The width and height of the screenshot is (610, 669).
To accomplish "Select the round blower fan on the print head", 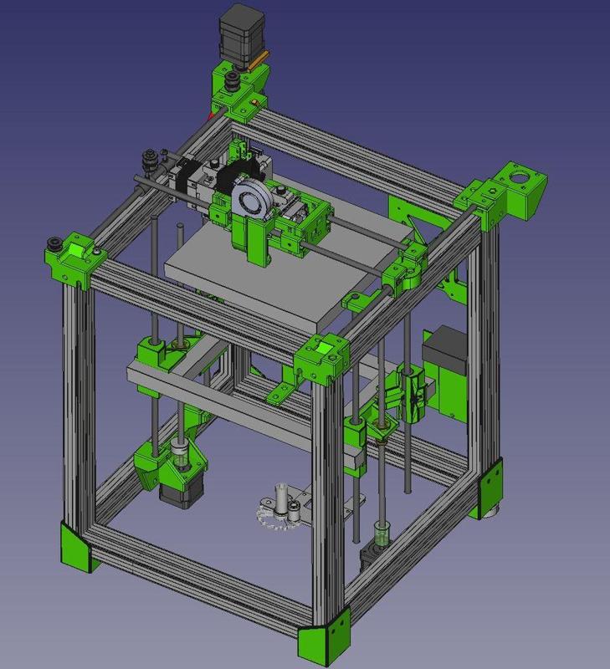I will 249,202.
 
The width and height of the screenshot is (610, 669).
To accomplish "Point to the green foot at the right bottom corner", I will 491,487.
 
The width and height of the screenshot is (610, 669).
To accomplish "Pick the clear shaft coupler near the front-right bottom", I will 382,535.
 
